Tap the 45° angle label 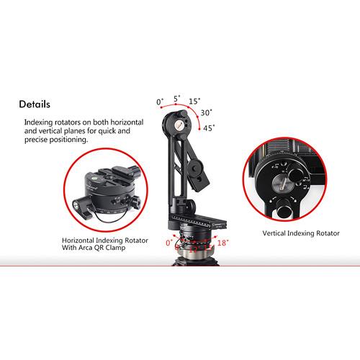(210, 127)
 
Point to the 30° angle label (206, 112)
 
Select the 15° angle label (195, 102)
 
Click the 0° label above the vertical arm (160, 102)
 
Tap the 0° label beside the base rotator (169, 243)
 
